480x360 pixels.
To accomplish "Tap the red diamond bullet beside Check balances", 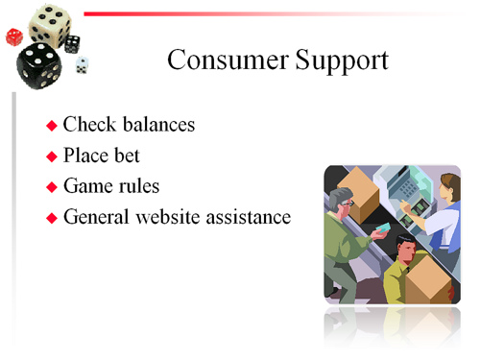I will click(x=53, y=126).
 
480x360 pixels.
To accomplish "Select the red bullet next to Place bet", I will click(x=53, y=156).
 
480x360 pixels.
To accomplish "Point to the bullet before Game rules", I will click(x=53, y=187).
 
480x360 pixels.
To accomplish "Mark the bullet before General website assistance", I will click(x=53, y=218).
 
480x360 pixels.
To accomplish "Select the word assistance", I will click(x=251, y=217).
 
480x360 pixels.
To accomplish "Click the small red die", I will click(x=14, y=36).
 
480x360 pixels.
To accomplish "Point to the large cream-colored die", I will click(x=46, y=23).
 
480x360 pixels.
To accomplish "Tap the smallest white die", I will click(x=82, y=64).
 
